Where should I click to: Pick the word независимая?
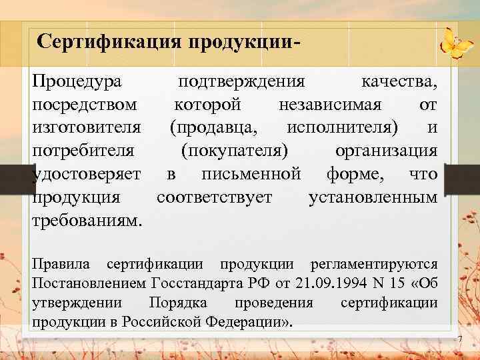[x=330, y=105]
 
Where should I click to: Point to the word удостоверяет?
[x=87, y=173]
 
